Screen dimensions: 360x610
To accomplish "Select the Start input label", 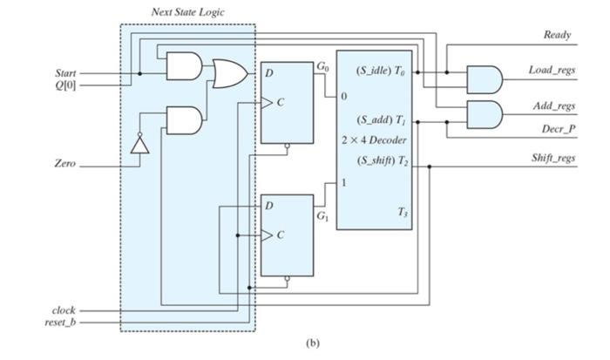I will [64, 72].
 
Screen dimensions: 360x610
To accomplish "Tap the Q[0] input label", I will [64, 85].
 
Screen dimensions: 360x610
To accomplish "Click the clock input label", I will [64, 309].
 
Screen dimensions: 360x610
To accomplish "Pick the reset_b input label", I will [60, 323].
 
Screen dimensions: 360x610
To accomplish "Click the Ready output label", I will [558, 35].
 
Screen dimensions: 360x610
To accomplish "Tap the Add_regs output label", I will [553, 105].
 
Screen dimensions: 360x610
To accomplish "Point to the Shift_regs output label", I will [552, 158].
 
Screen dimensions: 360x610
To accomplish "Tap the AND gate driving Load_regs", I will [485, 79].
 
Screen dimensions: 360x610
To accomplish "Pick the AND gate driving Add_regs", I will [485, 114].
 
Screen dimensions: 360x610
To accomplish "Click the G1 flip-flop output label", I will [322, 215].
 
